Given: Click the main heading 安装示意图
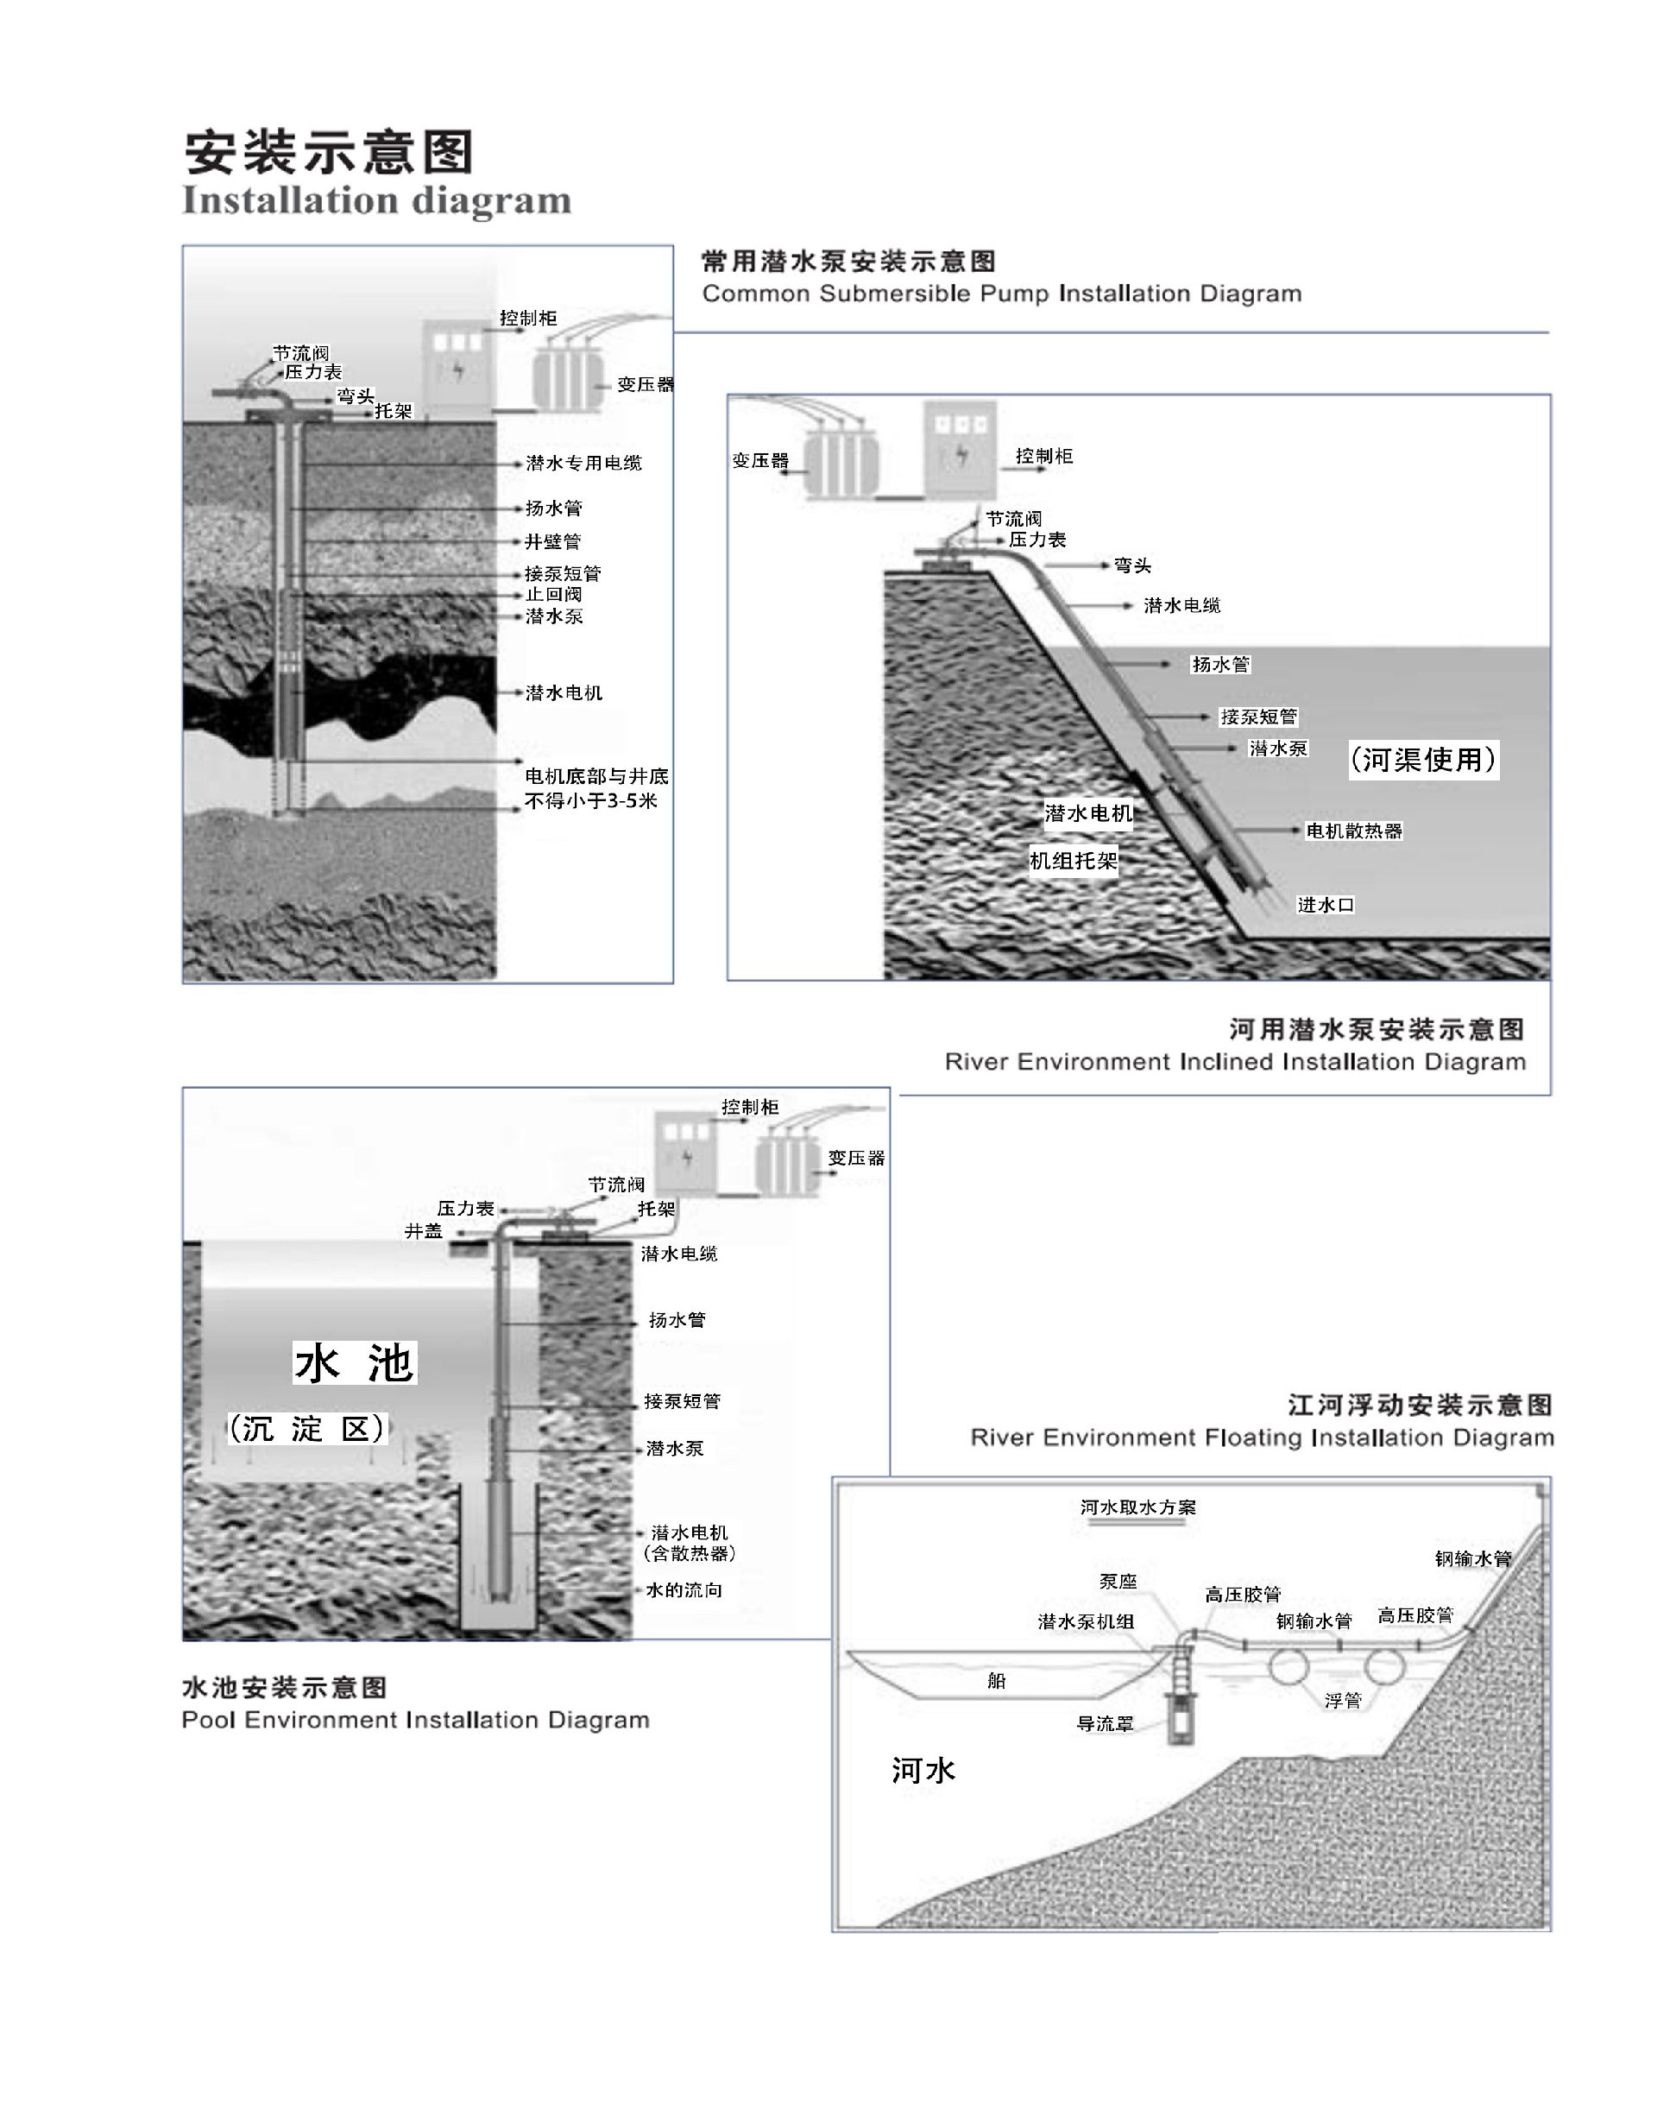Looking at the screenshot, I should click(329, 152).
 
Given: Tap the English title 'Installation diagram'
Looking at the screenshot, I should click(376, 200).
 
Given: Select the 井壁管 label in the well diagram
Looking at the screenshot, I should click(553, 541).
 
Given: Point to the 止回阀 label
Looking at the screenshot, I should click(553, 594).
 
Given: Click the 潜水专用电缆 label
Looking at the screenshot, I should click(583, 463).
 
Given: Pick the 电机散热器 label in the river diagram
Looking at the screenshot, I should click(1353, 831).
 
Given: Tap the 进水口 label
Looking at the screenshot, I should click(1326, 905).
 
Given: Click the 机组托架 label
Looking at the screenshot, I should click(1073, 860).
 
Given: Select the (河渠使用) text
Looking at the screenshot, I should click(1423, 759).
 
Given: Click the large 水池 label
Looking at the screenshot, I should click(354, 1362).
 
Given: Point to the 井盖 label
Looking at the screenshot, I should click(423, 1230).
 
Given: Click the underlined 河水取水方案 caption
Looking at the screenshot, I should click(1138, 1507).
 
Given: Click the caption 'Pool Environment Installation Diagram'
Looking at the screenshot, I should click(415, 1720).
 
